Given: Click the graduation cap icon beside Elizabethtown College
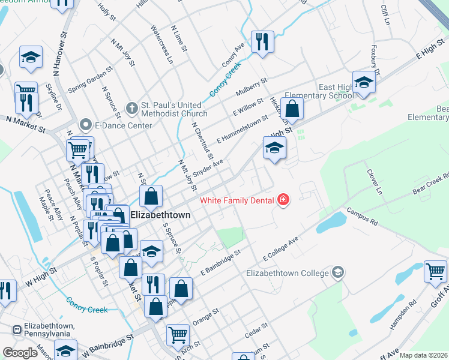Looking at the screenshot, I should click(338, 273).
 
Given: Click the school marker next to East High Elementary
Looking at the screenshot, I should click(364, 83).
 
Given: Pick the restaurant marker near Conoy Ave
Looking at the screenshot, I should click(262, 42).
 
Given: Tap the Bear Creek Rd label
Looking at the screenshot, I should click(430, 184).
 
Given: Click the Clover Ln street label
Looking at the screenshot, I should click(374, 181).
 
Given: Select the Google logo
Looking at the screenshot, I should click(20, 353).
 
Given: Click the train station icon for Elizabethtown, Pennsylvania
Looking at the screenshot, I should click(18, 329).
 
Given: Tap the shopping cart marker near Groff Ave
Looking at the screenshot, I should click(435, 272).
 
